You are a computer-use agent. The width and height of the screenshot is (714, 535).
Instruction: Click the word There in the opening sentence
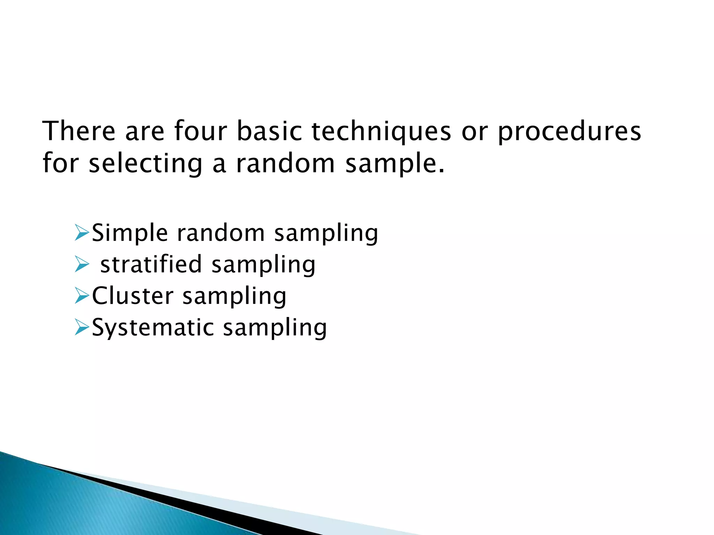79,131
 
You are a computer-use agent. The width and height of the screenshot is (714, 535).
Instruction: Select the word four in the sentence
200,131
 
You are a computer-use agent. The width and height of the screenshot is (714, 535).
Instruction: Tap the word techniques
381,132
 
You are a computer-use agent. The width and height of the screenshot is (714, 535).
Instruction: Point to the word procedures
569,132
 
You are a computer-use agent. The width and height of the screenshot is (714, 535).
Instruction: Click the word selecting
145,164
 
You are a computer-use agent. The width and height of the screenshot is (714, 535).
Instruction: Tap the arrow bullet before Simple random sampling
82,233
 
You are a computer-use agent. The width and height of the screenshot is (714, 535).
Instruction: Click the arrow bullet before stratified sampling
82,264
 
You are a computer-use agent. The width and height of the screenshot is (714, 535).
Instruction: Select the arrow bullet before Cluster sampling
82,296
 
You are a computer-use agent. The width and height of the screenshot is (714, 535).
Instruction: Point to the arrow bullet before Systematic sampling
82,328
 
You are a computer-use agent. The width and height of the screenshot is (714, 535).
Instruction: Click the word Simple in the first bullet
130,233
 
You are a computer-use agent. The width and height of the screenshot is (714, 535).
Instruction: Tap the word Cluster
132,296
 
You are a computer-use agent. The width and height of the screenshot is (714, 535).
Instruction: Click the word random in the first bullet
221,233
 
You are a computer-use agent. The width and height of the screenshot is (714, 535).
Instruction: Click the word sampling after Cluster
234,296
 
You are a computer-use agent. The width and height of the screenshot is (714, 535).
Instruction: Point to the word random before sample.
285,164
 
